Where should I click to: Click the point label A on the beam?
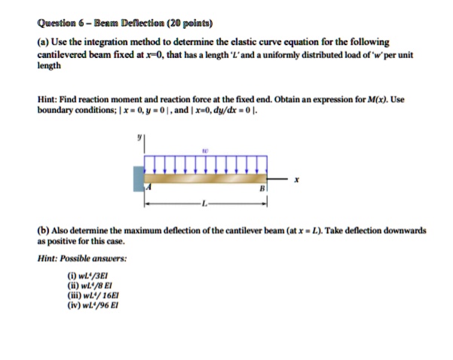click(150, 188)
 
